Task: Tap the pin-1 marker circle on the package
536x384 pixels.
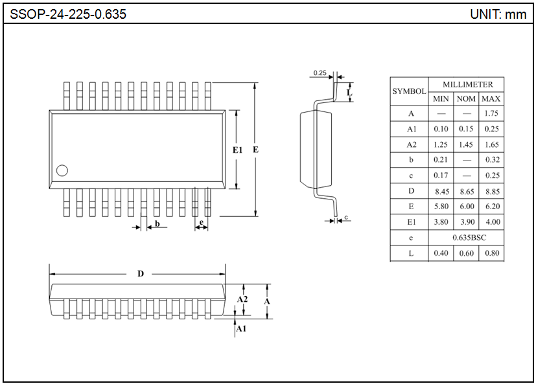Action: coord(62,170)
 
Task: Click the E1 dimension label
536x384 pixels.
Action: coord(237,150)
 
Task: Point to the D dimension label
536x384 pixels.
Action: coord(140,273)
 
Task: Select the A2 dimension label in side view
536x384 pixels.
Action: coord(243,299)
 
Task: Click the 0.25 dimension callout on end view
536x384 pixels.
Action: coord(319,73)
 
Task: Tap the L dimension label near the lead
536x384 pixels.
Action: coord(349,93)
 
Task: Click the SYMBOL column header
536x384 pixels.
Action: coord(409,92)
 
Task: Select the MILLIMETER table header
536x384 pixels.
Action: coord(467,85)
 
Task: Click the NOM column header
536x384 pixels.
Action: coord(466,99)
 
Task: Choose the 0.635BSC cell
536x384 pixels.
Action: coord(466,238)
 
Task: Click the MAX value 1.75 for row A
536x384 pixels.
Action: coord(491,113)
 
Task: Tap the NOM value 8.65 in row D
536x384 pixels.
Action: coord(466,191)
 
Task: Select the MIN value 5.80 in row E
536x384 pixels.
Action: coord(441,207)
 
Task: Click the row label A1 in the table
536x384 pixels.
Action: coord(411,129)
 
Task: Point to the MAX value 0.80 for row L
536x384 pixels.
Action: coord(491,253)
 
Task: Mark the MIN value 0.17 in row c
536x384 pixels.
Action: coord(441,175)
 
